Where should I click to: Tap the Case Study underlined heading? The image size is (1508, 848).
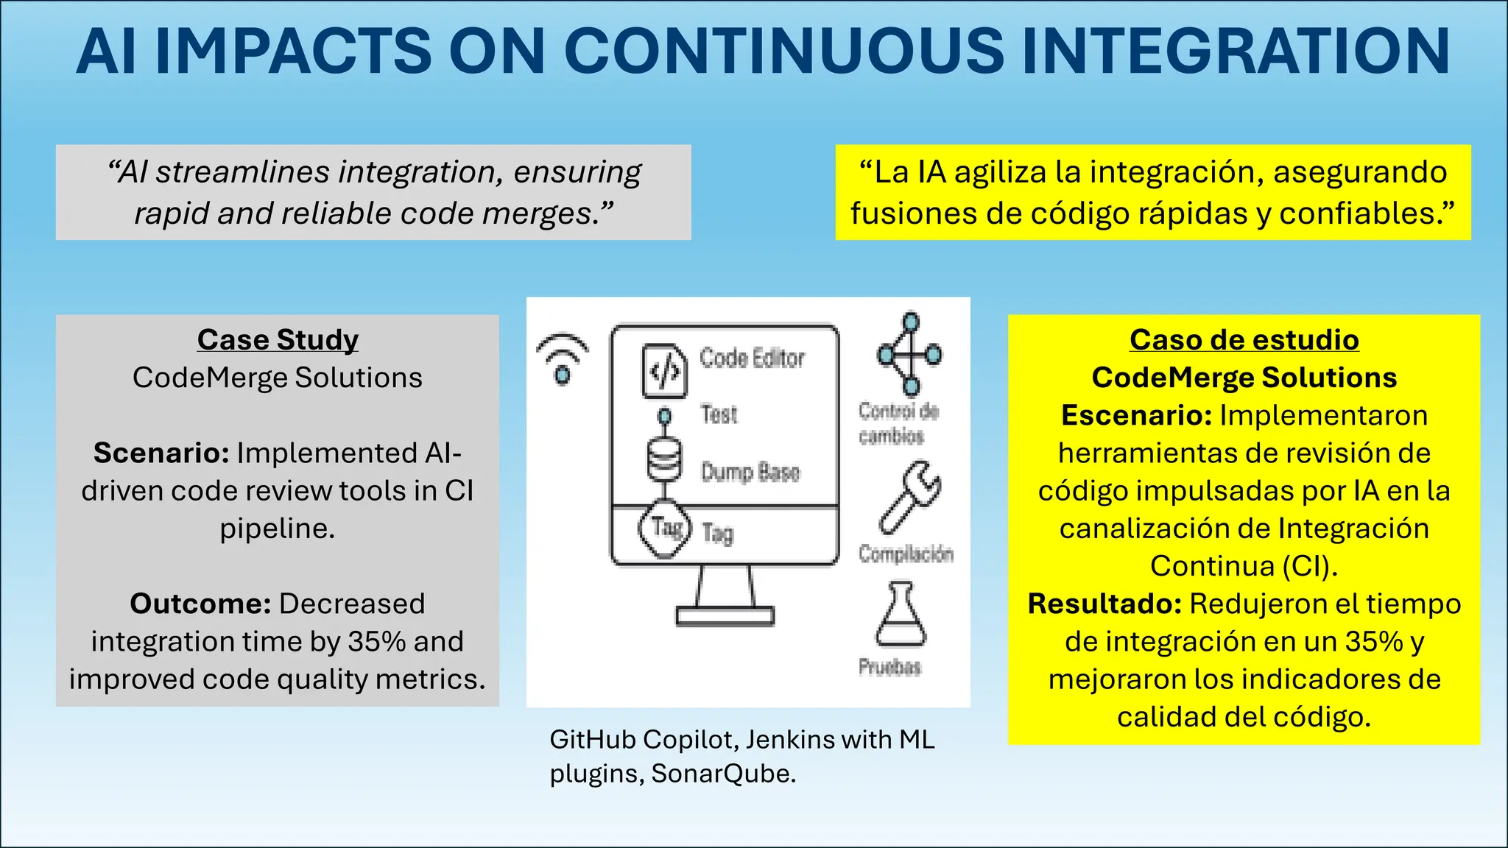pos(278,340)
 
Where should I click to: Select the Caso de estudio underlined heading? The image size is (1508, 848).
pos(1244,340)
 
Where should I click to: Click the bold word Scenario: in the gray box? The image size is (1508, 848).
pos(161,453)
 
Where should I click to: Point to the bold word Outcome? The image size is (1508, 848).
pos(200,604)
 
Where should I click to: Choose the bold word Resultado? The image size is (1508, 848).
pos(1104,604)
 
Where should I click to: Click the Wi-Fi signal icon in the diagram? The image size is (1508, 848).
pos(562,358)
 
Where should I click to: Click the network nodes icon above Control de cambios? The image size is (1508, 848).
pos(910,354)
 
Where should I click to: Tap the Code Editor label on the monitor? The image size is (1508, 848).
pos(752,358)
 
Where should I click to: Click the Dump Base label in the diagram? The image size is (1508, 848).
pos(750,472)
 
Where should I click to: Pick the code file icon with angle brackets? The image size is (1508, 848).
pos(664,371)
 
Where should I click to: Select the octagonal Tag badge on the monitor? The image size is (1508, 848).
pos(664,528)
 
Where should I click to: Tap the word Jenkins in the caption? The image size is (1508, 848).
pos(787,740)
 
